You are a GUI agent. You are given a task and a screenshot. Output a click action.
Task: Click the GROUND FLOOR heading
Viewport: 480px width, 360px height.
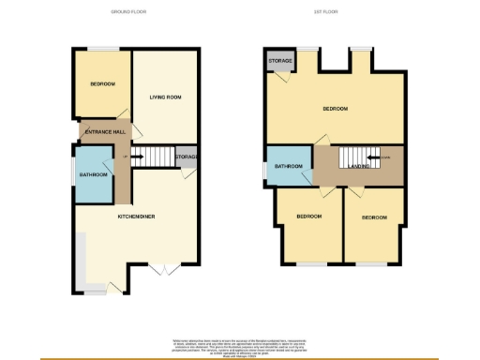click(128, 11)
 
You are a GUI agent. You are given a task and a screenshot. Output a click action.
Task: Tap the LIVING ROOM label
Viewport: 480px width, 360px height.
click(165, 97)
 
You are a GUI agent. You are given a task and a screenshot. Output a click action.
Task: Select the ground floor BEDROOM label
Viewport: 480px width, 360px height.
click(102, 84)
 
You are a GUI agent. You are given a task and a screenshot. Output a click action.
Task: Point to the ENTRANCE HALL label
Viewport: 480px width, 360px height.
click(105, 133)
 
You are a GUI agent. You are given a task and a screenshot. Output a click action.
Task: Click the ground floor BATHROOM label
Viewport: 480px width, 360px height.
click(93, 174)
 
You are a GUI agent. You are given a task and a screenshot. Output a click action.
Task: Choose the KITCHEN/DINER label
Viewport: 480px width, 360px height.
click(136, 217)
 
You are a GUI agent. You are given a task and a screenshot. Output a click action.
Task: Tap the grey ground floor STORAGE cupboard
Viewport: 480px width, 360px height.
click(187, 157)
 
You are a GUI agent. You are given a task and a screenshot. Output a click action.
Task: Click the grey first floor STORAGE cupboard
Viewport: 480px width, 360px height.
click(280, 62)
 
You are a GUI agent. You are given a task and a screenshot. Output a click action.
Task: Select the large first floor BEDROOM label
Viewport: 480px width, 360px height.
click(335, 109)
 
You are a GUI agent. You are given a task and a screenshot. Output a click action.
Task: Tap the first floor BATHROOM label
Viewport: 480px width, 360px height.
click(289, 167)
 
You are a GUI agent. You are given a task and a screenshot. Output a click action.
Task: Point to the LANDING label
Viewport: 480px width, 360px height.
click(359, 167)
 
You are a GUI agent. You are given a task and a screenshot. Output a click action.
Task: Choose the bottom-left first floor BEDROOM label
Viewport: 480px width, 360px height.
click(309, 217)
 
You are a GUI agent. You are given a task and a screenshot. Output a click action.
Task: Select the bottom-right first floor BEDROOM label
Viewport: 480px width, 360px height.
click(374, 217)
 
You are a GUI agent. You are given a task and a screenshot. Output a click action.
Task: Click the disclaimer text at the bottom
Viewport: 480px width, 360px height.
click(240, 344)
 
